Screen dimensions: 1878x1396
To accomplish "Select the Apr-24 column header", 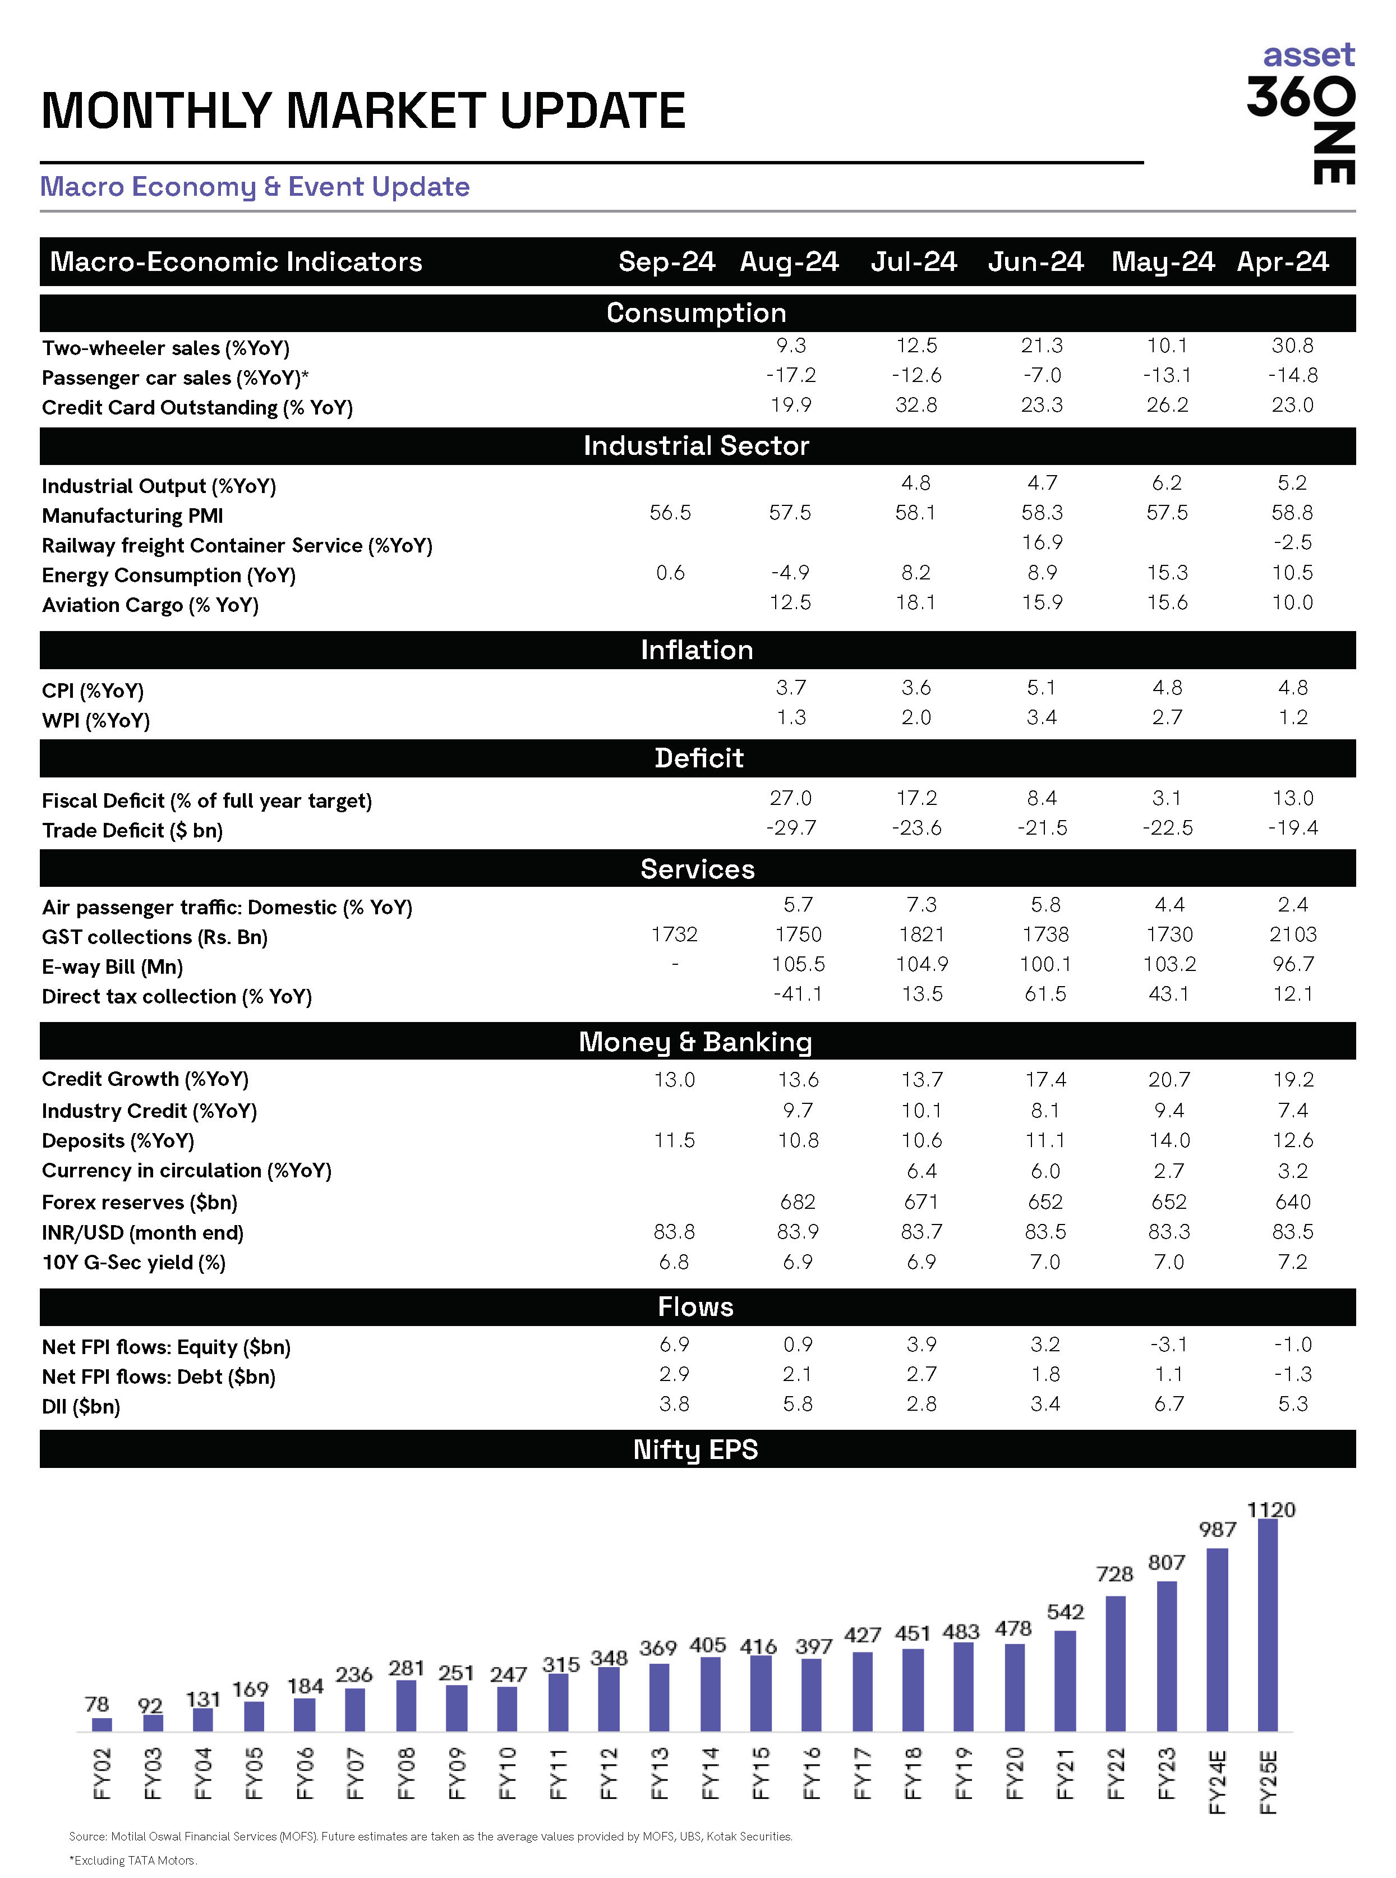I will (1282, 262).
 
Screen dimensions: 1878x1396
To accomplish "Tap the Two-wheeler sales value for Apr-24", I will (1292, 346).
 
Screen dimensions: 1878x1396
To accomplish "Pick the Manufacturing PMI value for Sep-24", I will (670, 513).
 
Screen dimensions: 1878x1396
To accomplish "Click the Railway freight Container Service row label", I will (237, 546).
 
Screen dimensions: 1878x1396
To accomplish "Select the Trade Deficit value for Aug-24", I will (791, 828).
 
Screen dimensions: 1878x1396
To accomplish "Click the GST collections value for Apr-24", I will (1292, 935).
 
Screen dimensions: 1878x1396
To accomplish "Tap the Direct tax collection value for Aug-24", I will (797, 995).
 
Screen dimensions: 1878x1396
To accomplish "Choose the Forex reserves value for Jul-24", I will (921, 1202).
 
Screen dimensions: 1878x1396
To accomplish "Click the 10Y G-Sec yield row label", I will (133, 1263).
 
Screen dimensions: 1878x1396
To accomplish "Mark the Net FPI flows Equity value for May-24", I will (1169, 1345).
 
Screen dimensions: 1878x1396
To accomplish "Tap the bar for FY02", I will (102, 1724).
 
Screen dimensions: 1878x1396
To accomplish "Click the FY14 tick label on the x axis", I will (710, 1773).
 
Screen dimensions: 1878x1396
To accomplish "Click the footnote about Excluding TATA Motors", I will (133, 1860).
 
